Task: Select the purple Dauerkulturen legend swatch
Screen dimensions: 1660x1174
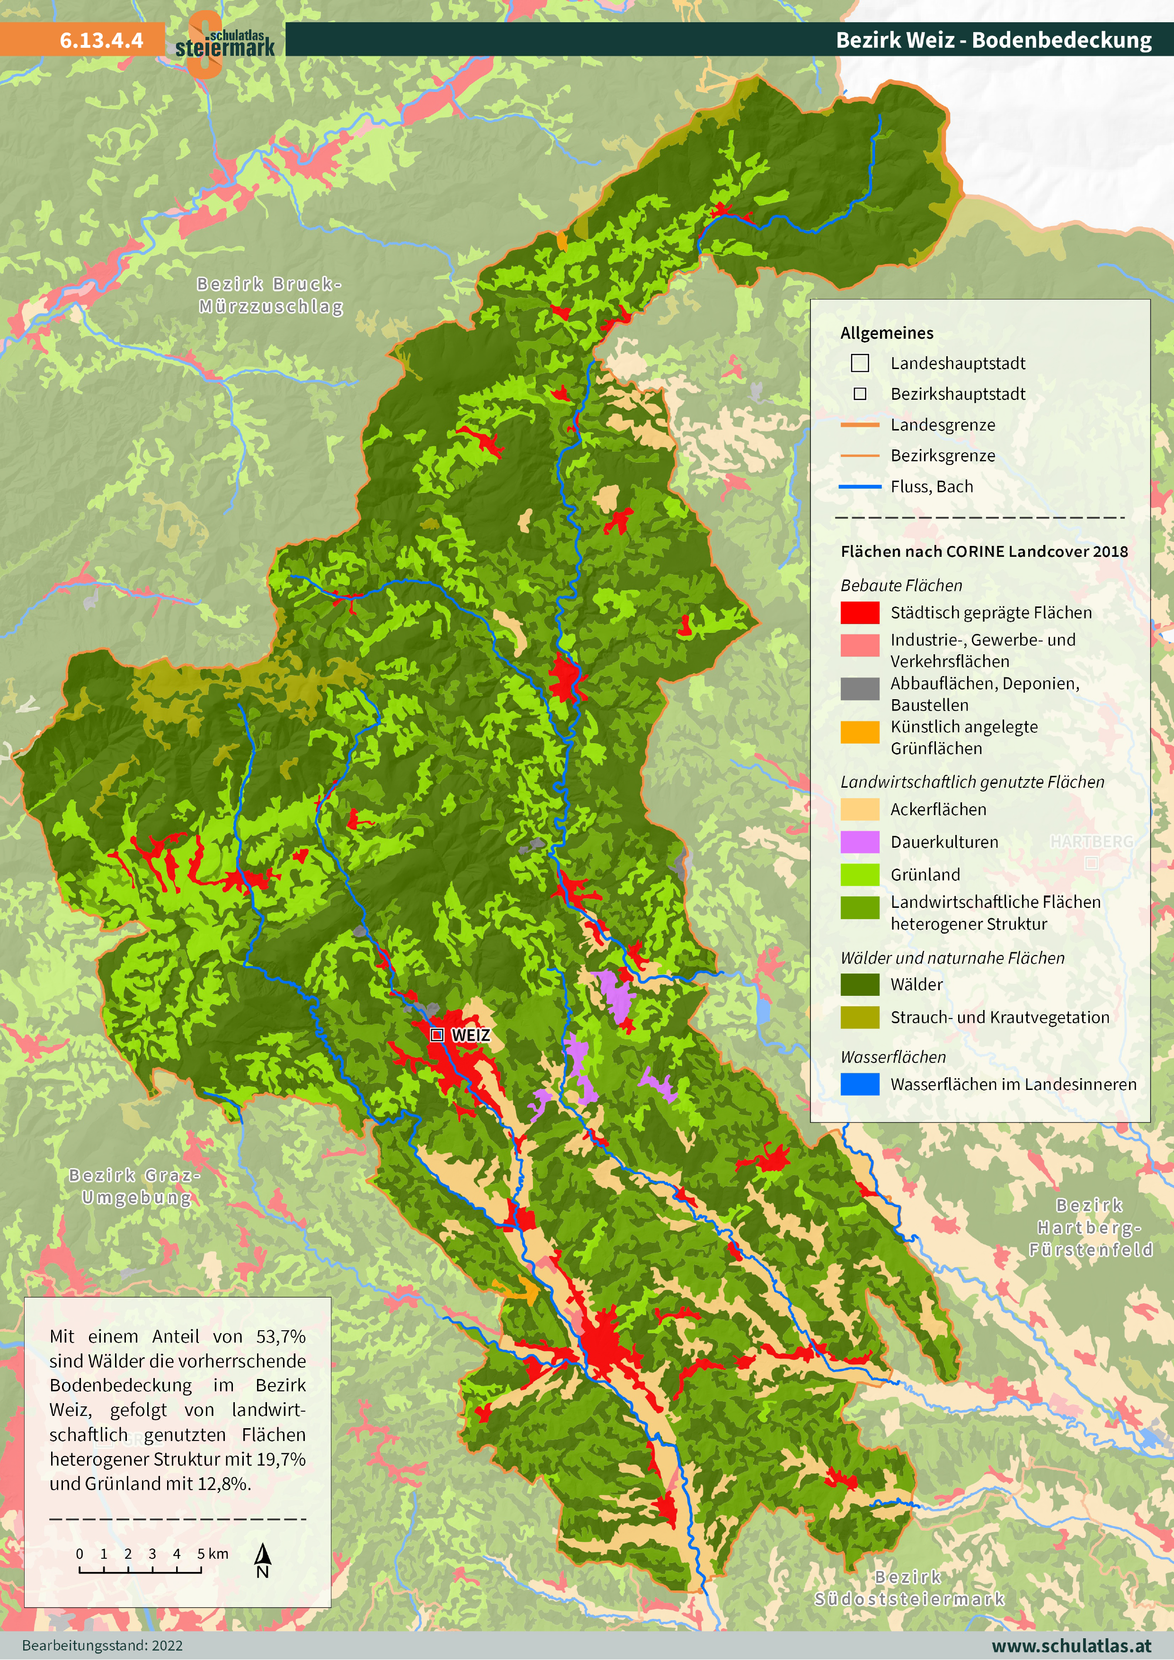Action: click(x=859, y=842)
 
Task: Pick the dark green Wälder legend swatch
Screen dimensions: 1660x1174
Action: click(x=859, y=984)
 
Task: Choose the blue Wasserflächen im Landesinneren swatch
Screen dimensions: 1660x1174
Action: click(x=859, y=1084)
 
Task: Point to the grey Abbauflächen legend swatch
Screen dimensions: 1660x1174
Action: click(x=859, y=688)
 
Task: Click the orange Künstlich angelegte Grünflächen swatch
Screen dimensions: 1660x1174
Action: click(x=859, y=732)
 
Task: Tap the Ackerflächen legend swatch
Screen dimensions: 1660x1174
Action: click(x=859, y=809)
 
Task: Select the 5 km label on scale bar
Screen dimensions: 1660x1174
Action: click(x=213, y=1553)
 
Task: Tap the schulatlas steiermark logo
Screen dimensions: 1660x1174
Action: click(x=224, y=44)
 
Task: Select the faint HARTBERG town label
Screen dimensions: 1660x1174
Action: click(x=1092, y=842)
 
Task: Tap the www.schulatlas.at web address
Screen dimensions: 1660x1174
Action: click(x=1071, y=1645)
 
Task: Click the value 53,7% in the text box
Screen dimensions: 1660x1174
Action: click(x=281, y=1336)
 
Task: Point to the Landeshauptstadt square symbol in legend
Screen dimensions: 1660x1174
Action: click(x=859, y=363)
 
